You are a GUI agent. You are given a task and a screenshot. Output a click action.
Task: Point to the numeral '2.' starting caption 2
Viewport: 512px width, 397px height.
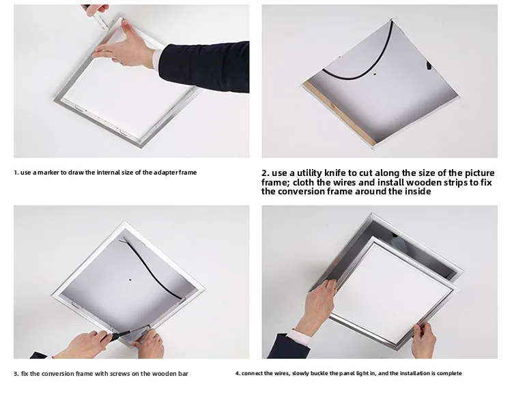click(x=266, y=173)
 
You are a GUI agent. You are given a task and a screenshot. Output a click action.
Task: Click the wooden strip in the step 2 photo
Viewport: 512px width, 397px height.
click(x=338, y=113)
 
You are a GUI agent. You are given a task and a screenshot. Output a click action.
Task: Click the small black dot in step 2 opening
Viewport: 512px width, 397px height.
click(x=375, y=74)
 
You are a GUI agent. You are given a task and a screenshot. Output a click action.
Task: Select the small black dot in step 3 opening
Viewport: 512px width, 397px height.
click(x=130, y=280)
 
